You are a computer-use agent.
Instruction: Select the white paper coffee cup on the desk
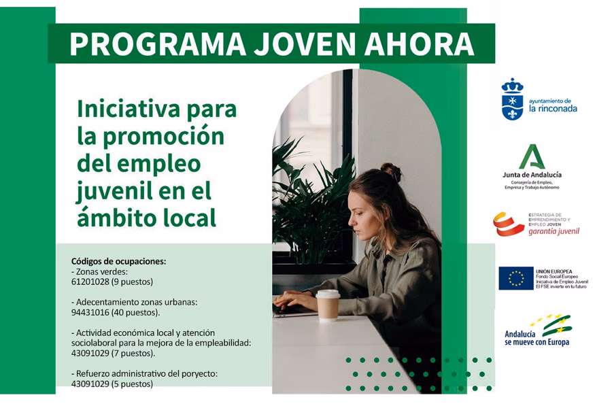tap(328, 305)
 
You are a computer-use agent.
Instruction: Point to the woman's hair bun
tap(390, 170)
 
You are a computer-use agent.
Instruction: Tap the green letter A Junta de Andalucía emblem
tap(532, 157)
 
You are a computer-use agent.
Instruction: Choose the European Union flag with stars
tap(515, 278)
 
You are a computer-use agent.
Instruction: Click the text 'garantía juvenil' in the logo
tap(554, 231)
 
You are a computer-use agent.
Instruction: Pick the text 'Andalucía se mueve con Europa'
tap(537, 338)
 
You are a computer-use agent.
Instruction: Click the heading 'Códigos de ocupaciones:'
tap(118, 261)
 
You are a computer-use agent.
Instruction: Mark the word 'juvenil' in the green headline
tap(111, 190)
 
